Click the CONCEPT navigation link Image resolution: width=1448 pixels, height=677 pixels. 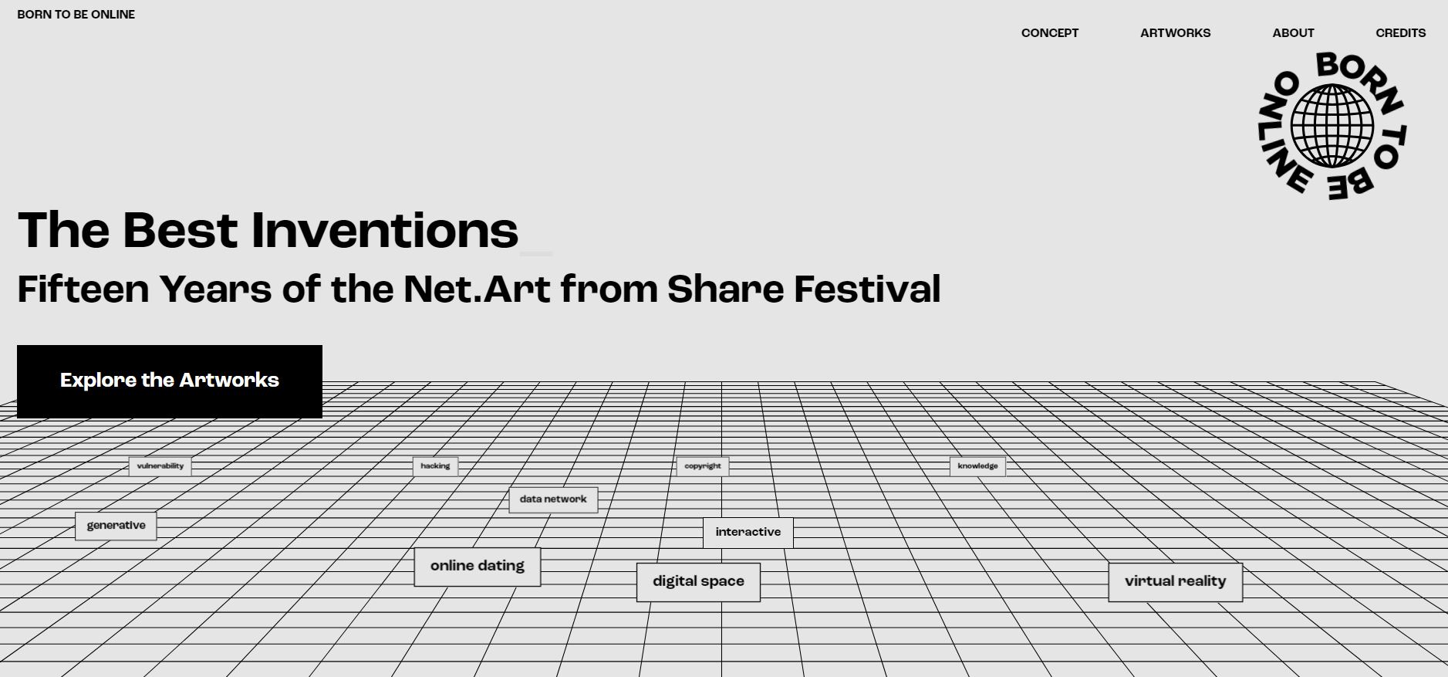click(1050, 33)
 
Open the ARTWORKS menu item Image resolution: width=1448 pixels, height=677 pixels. click(1175, 33)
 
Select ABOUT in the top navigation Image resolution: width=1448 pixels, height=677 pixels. click(1293, 33)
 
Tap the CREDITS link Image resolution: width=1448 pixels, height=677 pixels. click(1400, 33)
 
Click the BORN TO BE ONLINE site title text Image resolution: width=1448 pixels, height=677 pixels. click(76, 15)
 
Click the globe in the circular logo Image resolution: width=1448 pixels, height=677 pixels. click(1332, 126)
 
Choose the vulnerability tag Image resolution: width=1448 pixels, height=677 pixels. click(160, 466)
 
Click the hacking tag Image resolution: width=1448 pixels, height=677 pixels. click(435, 466)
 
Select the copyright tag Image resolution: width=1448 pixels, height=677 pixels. click(703, 466)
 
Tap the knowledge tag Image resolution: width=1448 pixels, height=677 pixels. click(977, 466)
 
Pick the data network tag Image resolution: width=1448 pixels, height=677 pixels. click(553, 499)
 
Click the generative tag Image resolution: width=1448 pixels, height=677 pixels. click(116, 526)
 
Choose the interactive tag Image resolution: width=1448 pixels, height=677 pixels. click(748, 533)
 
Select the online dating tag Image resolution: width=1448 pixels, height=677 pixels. click(478, 567)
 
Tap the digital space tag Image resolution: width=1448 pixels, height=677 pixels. click(698, 582)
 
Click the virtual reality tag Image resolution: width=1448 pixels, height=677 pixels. click(1175, 582)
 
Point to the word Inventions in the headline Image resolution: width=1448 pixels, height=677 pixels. click(385, 230)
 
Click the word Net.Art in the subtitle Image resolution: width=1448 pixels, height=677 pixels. click(477, 289)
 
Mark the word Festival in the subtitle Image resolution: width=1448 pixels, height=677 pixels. click(867, 289)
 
